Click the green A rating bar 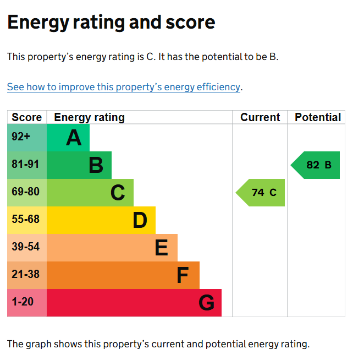tap(68, 138)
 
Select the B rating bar tap(79, 165)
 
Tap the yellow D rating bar tap(101, 220)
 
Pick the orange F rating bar tap(123, 275)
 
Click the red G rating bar tap(134, 303)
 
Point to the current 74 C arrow tap(260, 193)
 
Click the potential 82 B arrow tap(315, 165)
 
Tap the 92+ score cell tap(27, 138)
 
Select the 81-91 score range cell tap(27, 165)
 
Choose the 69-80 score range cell tap(27, 193)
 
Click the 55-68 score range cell tap(27, 220)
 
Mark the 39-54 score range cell tap(27, 248)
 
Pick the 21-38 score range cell tap(27, 275)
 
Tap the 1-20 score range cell tap(27, 303)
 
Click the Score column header tap(27, 117)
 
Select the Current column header tap(260, 117)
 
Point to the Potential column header tap(318, 117)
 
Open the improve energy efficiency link tap(124, 87)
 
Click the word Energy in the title tap(38, 23)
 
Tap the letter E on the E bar tap(161, 248)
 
